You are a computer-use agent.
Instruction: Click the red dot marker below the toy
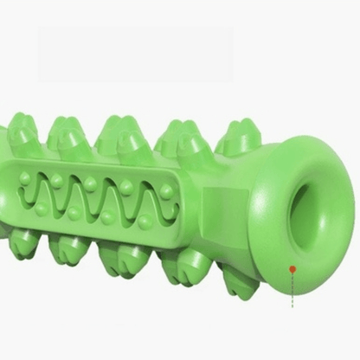coord(292,269)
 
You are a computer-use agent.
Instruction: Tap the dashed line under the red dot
coord(292,290)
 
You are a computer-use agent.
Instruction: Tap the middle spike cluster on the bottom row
coord(122,257)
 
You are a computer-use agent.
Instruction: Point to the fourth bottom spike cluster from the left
coord(183,264)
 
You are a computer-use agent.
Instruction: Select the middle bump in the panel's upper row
coord(90,183)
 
